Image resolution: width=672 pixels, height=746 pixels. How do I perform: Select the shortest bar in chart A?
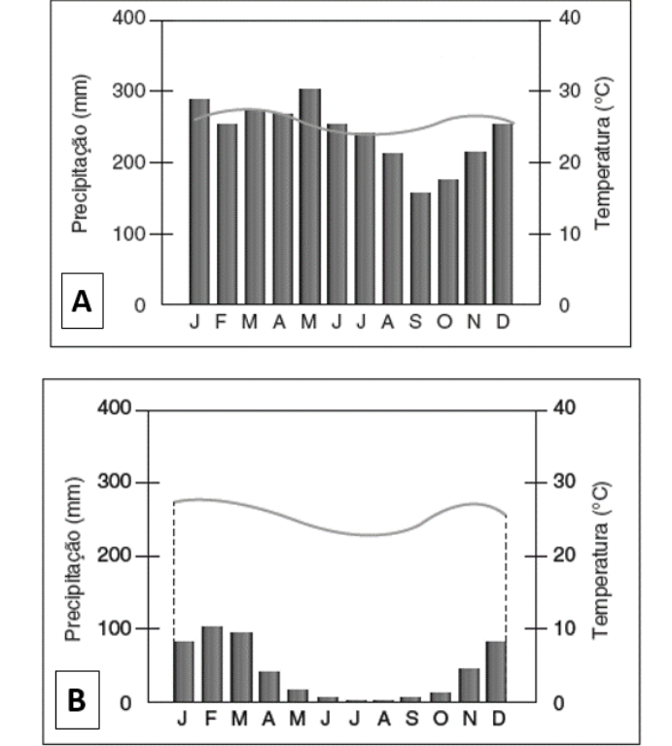(420, 248)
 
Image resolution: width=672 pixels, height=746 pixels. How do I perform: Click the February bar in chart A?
(227, 214)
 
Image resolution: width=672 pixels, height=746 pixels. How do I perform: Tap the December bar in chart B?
(496, 671)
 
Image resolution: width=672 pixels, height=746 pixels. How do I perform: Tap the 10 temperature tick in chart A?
(567, 233)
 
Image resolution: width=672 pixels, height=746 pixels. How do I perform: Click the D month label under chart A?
(503, 322)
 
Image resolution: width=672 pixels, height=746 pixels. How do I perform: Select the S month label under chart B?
(411, 721)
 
